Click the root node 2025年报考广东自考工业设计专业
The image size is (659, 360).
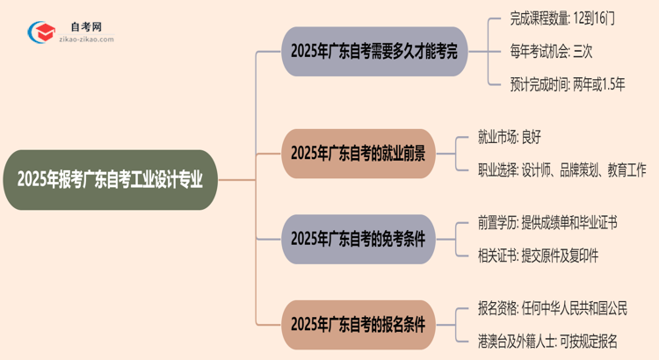point(110,179)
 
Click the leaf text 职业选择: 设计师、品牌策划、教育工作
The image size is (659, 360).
point(564,170)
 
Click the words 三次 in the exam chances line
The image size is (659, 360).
point(582,51)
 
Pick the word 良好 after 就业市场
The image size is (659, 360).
point(555,137)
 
